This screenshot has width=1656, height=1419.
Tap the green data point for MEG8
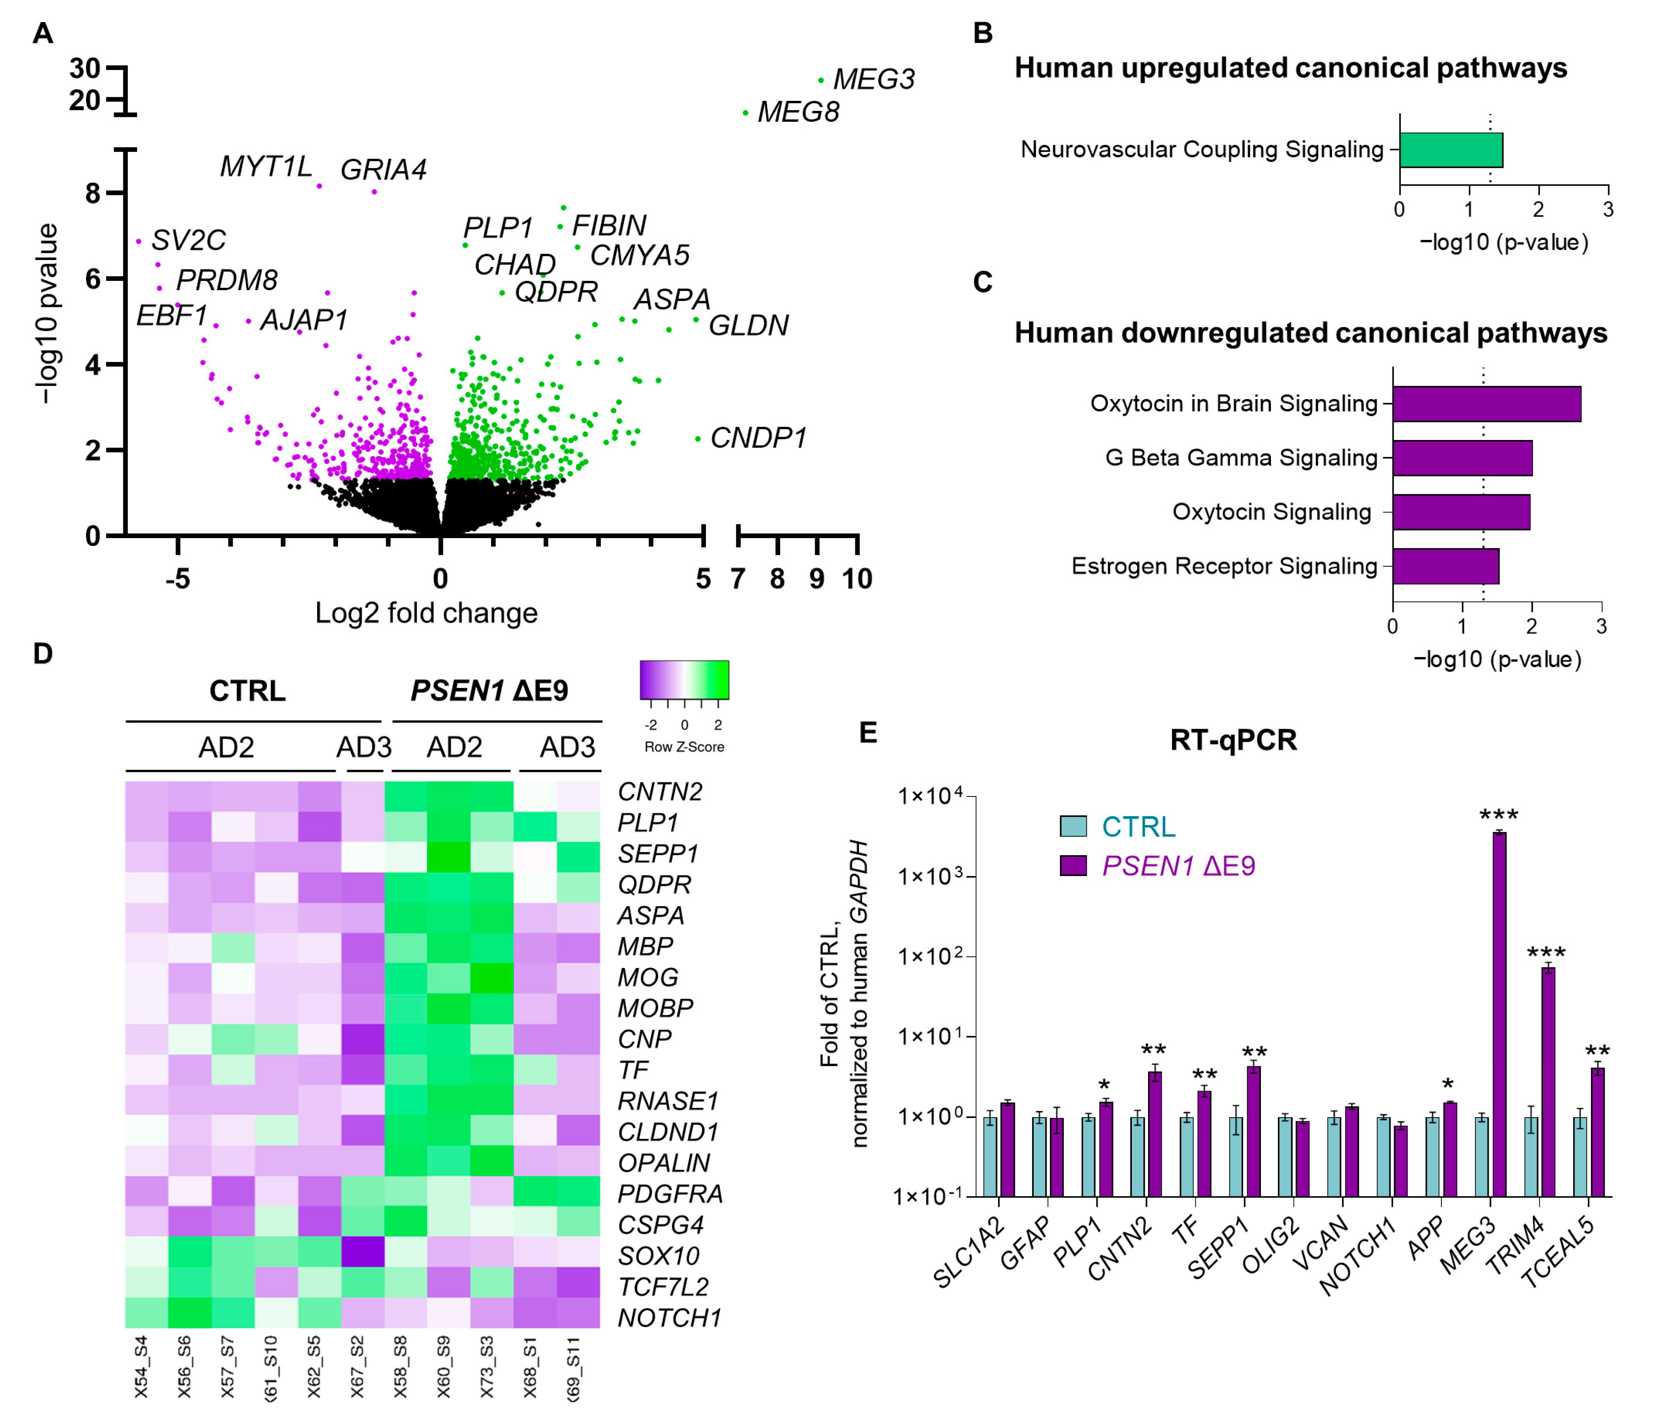(x=745, y=113)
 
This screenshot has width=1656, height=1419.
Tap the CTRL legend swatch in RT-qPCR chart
(x=1072, y=826)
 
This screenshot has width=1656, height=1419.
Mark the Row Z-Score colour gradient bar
(x=684, y=680)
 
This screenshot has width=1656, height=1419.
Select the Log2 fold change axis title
(x=426, y=613)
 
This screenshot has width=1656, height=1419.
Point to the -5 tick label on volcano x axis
(x=177, y=578)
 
